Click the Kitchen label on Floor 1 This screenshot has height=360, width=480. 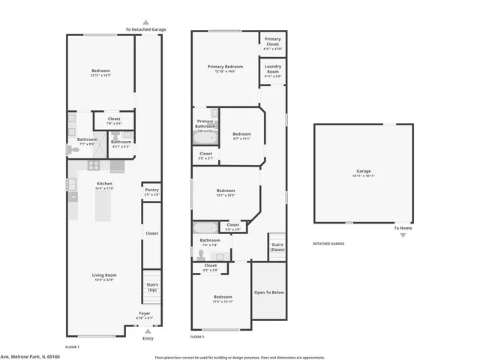[x=104, y=184]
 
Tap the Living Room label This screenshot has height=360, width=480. [x=104, y=275]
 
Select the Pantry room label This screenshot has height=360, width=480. [x=151, y=190]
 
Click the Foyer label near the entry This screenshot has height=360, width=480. [x=144, y=313]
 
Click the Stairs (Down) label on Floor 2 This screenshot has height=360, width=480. [x=277, y=247]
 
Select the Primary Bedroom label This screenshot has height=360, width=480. [x=226, y=67]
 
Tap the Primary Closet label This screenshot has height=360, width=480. [x=273, y=41]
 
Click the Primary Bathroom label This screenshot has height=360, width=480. [x=205, y=124]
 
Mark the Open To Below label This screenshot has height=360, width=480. [x=268, y=292]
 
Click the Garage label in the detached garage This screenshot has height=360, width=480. [x=363, y=171]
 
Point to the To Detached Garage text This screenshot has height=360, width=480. [x=145, y=29]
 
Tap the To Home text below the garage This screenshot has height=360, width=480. [x=403, y=228]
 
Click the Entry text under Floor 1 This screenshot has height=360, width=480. [x=147, y=338]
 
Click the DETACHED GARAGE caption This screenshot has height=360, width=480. [x=328, y=244]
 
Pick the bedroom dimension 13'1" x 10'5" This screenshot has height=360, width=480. [x=226, y=195]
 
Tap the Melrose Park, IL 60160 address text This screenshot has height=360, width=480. [x=30, y=356]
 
